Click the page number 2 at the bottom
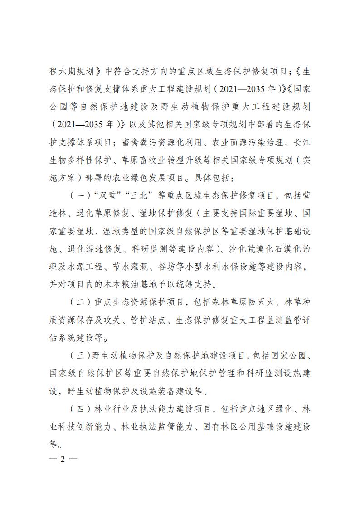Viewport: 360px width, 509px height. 63,459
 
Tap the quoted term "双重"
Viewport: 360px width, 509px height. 104,196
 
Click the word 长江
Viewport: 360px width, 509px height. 299,143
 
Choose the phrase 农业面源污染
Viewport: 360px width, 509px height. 236,143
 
